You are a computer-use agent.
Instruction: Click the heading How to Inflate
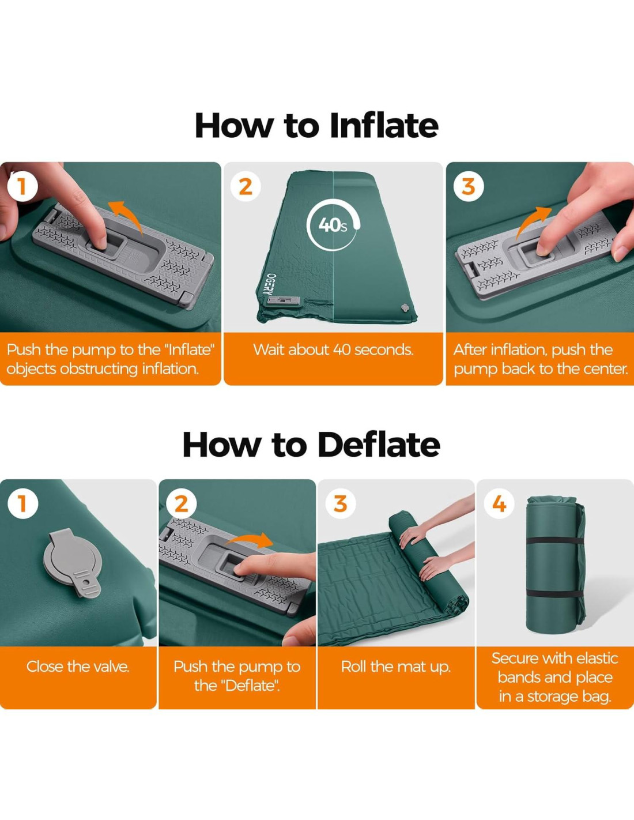[x=316, y=126]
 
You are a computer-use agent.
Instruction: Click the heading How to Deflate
[x=311, y=445]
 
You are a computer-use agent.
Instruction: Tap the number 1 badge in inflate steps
[x=22, y=186]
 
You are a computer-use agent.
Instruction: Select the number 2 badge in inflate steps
[x=246, y=186]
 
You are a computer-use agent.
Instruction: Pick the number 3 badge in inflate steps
[x=469, y=186]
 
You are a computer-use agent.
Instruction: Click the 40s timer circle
[x=333, y=226]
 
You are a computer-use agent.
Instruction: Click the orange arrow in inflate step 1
[x=126, y=216]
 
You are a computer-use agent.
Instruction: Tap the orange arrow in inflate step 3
[x=533, y=223]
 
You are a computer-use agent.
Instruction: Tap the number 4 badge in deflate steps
[x=499, y=503]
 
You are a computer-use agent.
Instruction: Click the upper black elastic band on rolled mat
[x=554, y=541]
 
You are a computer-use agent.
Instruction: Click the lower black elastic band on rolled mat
[x=554, y=595]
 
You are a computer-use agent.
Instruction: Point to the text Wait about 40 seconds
[x=333, y=350]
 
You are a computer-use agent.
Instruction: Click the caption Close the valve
[x=78, y=667]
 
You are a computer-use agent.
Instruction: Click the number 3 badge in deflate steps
[x=340, y=503]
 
